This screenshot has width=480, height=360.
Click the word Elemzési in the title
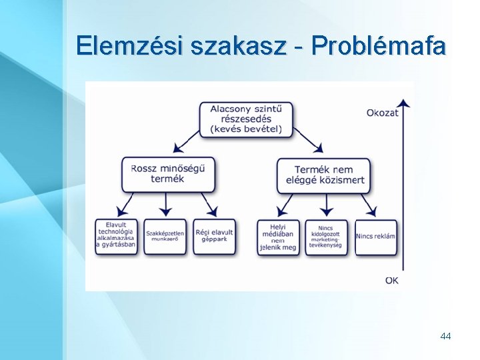point(130,45)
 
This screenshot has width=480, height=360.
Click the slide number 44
point(445,336)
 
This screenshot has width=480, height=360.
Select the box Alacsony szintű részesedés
point(245,119)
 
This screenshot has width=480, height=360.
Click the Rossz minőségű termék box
point(168,174)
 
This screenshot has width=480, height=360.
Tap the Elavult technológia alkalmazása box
point(116,235)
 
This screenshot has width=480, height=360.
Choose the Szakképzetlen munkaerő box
point(165,236)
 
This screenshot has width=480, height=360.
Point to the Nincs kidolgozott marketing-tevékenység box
point(326,237)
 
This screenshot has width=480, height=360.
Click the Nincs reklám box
point(375,236)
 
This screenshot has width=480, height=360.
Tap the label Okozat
point(382,113)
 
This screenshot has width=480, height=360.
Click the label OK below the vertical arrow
point(391,280)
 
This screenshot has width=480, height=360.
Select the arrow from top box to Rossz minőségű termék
point(186,141)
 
